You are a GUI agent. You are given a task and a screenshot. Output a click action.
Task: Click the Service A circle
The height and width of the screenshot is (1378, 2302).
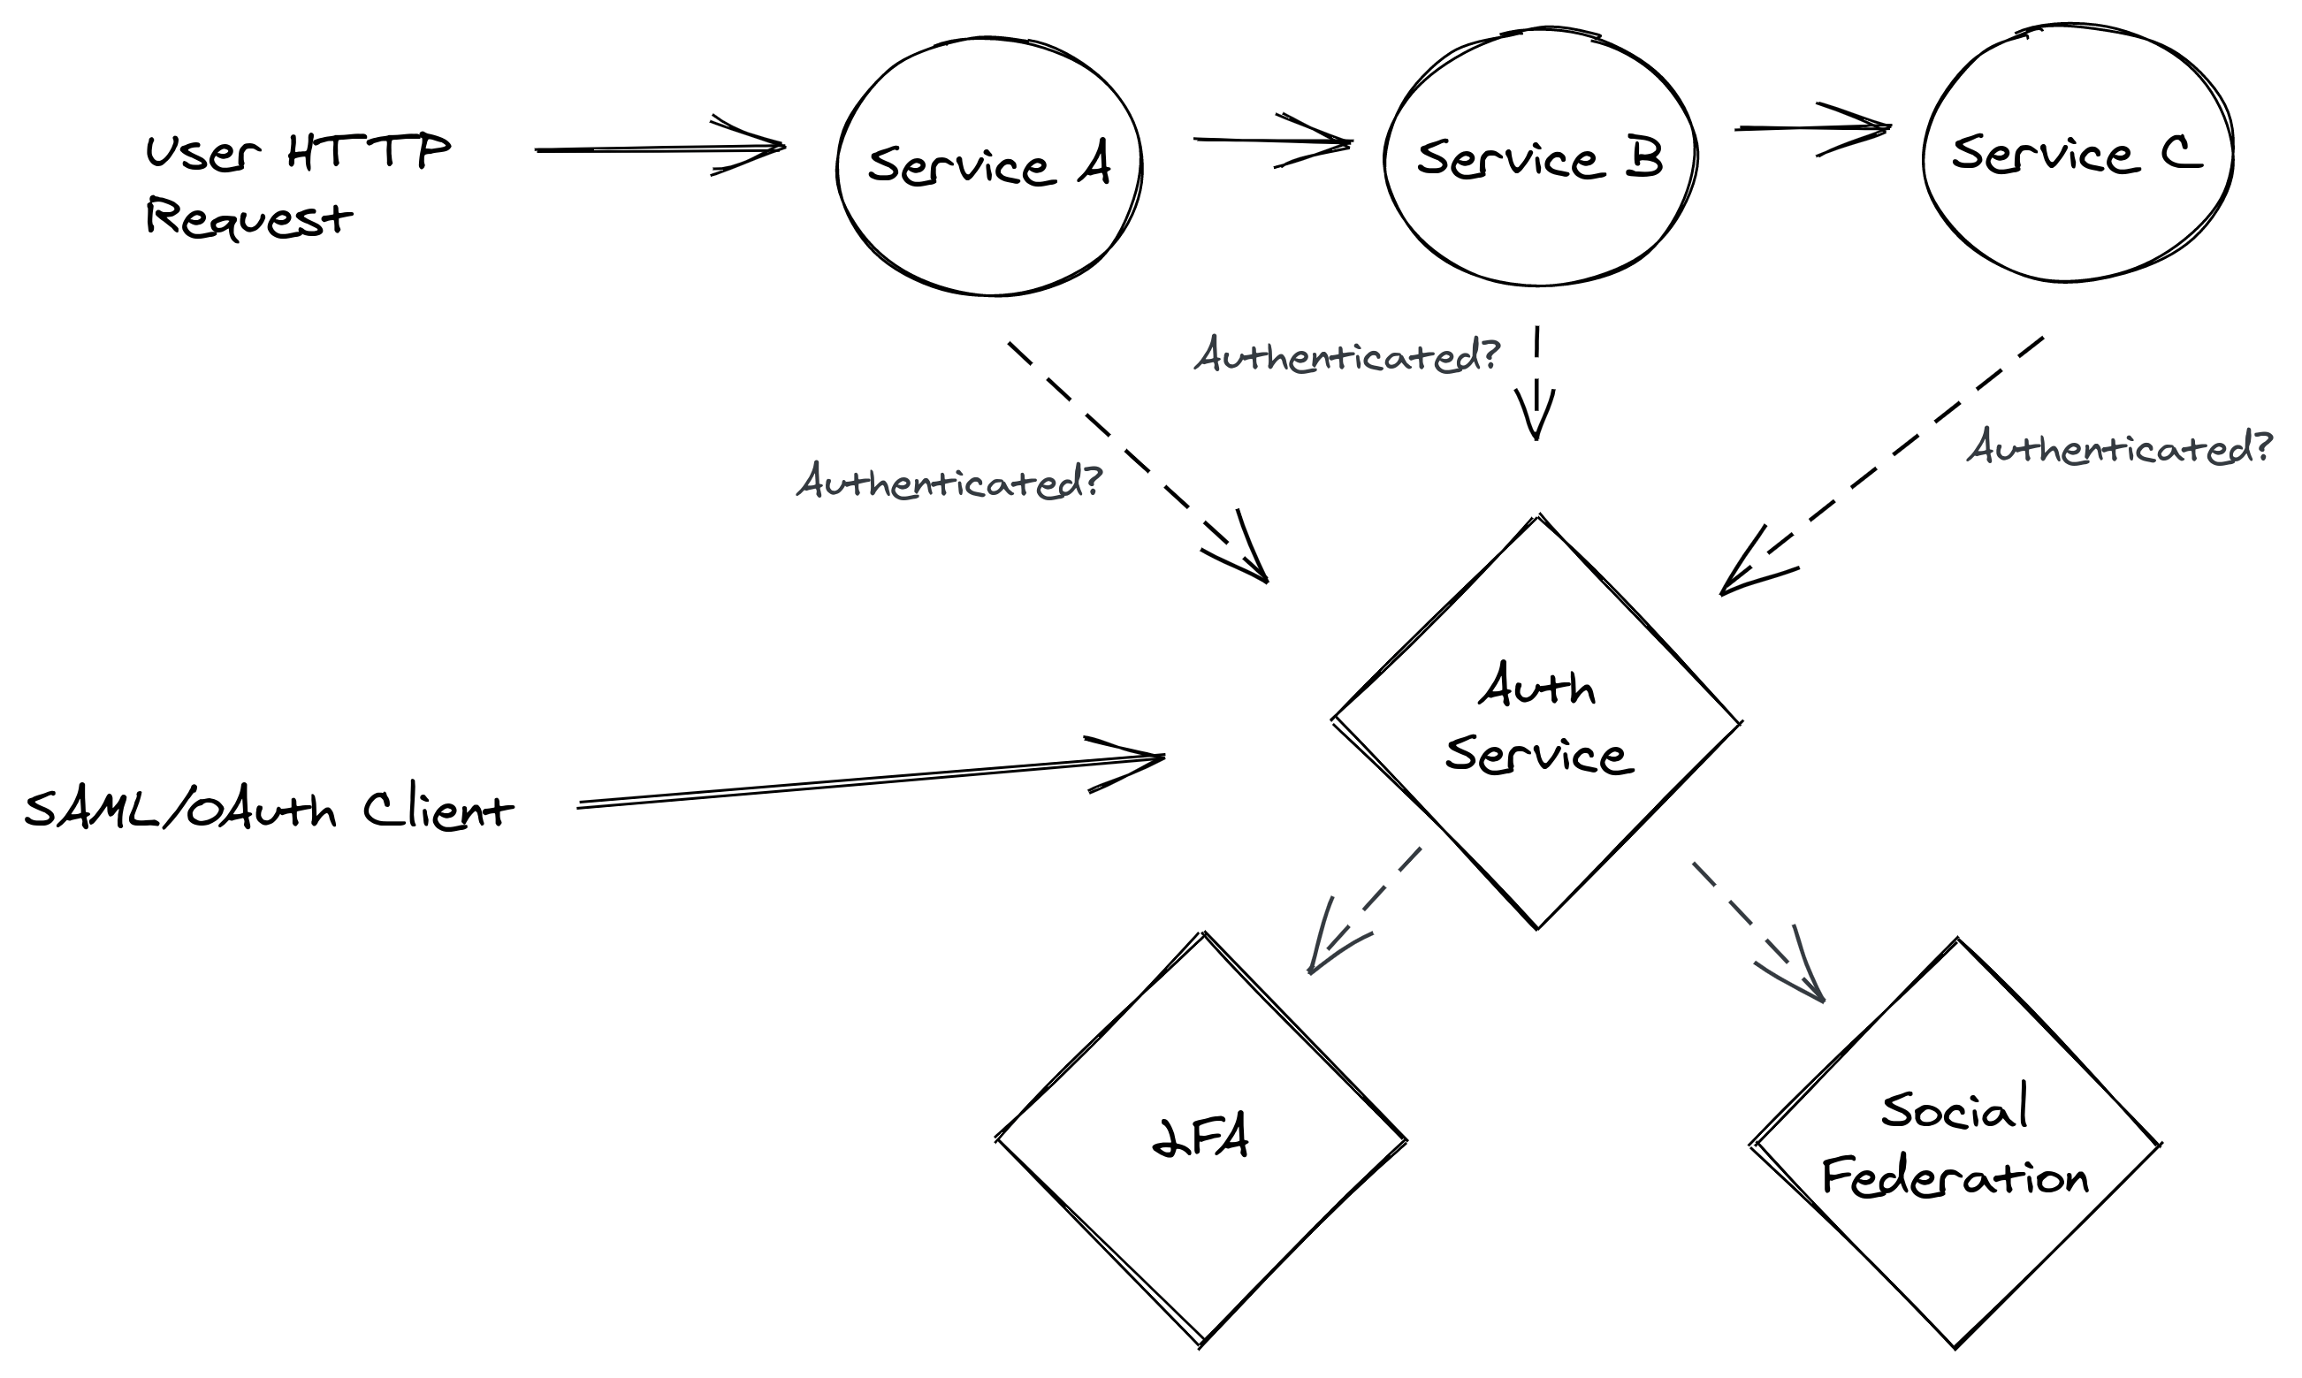point(989,167)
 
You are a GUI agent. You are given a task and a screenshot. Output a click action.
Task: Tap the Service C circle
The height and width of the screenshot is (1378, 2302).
point(2077,154)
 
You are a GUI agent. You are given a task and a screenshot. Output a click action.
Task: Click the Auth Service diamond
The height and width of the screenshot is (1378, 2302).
point(1536,722)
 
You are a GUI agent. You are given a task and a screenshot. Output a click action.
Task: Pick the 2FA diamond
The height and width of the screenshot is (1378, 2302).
point(1201,1139)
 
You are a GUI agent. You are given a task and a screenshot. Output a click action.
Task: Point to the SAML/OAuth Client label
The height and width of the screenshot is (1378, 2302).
point(270,810)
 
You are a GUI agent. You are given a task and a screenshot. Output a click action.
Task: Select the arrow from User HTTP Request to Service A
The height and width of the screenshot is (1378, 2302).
point(659,148)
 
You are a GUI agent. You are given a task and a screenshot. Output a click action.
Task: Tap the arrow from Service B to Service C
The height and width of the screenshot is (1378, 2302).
point(1810,128)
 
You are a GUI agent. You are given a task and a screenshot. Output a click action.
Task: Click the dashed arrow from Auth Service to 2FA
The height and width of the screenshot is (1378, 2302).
point(1365,910)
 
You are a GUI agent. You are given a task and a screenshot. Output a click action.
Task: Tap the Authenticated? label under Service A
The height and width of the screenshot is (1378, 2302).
point(949,482)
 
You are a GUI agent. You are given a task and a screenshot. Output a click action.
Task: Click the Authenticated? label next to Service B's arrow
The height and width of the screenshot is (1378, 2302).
point(1346,355)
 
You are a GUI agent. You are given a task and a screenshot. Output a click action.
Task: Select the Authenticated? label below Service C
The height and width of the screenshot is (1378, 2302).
point(2119,448)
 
